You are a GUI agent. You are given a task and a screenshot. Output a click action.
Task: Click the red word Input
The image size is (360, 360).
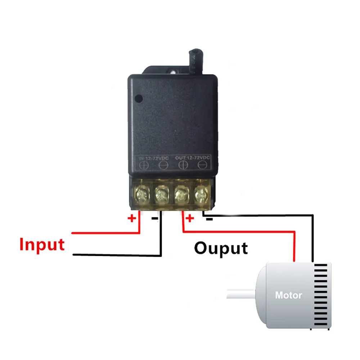click(x=42, y=244)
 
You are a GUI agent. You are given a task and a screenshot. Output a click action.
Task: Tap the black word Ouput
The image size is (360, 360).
click(x=221, y=248)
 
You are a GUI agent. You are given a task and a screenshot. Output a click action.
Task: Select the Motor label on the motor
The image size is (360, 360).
click(x=288, y=295)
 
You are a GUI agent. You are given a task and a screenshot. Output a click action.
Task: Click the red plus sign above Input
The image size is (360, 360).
click(x=132, y=218)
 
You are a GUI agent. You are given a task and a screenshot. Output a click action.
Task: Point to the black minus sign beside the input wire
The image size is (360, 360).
click(x=154, y=218)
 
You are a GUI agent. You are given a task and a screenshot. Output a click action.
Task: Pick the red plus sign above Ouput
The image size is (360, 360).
click(x=189, y=218)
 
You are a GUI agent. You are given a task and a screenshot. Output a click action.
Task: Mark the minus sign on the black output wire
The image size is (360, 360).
click(x=208, y=218)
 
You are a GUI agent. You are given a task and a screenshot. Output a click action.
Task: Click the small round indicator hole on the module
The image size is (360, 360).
click(x=138, y=97)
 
